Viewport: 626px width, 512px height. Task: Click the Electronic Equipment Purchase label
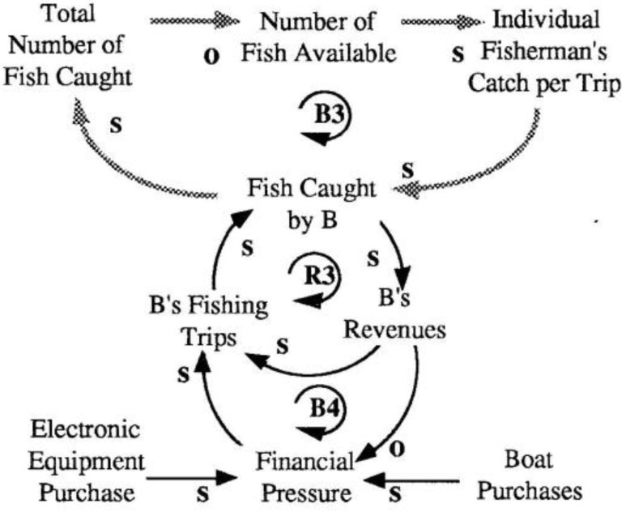click(77, 461)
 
